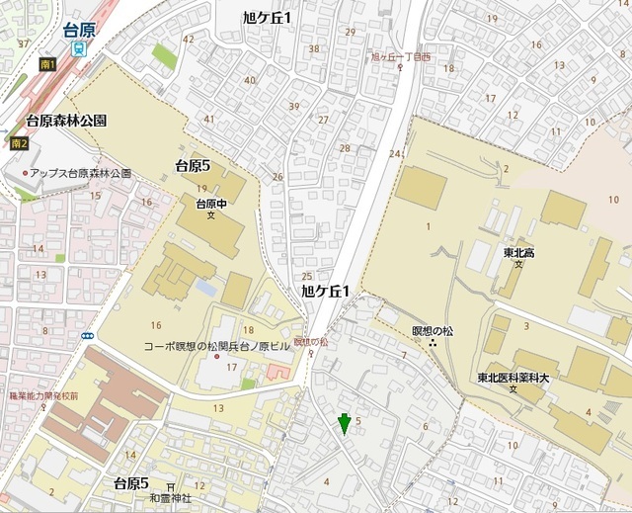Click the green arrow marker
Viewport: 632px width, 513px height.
344,424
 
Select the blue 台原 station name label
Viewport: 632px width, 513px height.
78,30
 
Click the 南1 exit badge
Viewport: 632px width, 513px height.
47,64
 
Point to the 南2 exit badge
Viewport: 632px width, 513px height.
19,144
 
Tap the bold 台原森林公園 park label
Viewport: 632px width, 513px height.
66,121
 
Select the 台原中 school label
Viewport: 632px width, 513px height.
211,204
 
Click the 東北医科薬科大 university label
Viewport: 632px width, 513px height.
513,377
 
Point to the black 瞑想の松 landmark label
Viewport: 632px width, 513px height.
433,330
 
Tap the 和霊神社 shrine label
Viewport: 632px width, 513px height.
171,499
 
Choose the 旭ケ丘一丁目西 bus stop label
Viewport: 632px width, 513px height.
400,58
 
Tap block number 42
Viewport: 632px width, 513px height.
188,39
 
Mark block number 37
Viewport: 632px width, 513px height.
24,44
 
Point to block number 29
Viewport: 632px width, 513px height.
350,32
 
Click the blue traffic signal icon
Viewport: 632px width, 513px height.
88,336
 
